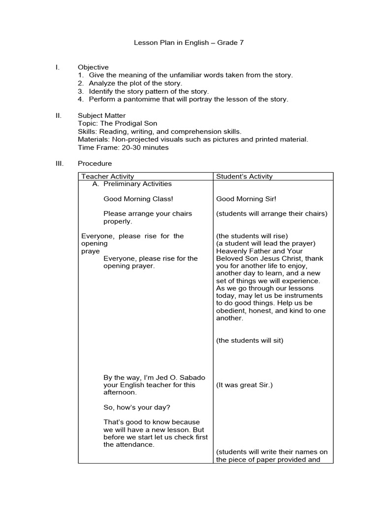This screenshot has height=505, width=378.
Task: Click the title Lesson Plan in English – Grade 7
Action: [x=189, y=43]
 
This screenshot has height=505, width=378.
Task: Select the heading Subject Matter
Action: [x=101, y=116]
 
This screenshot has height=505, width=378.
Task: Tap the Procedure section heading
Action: [x=94, y=163]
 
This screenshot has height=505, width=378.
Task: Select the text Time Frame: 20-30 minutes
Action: [x=123, y=147]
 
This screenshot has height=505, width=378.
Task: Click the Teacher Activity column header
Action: [x=107, y=177]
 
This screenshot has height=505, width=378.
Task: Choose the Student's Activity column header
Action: [x=244, y=177]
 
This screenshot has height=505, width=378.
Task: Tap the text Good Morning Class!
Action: [x=138, y=199]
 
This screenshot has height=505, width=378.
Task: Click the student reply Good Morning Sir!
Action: [x=246, y=199]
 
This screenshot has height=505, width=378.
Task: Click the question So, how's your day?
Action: [x=137, y=407]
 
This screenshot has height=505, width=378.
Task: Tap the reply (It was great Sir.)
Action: [x=244, y=385]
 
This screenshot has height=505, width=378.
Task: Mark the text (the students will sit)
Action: [x=250, y=340]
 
